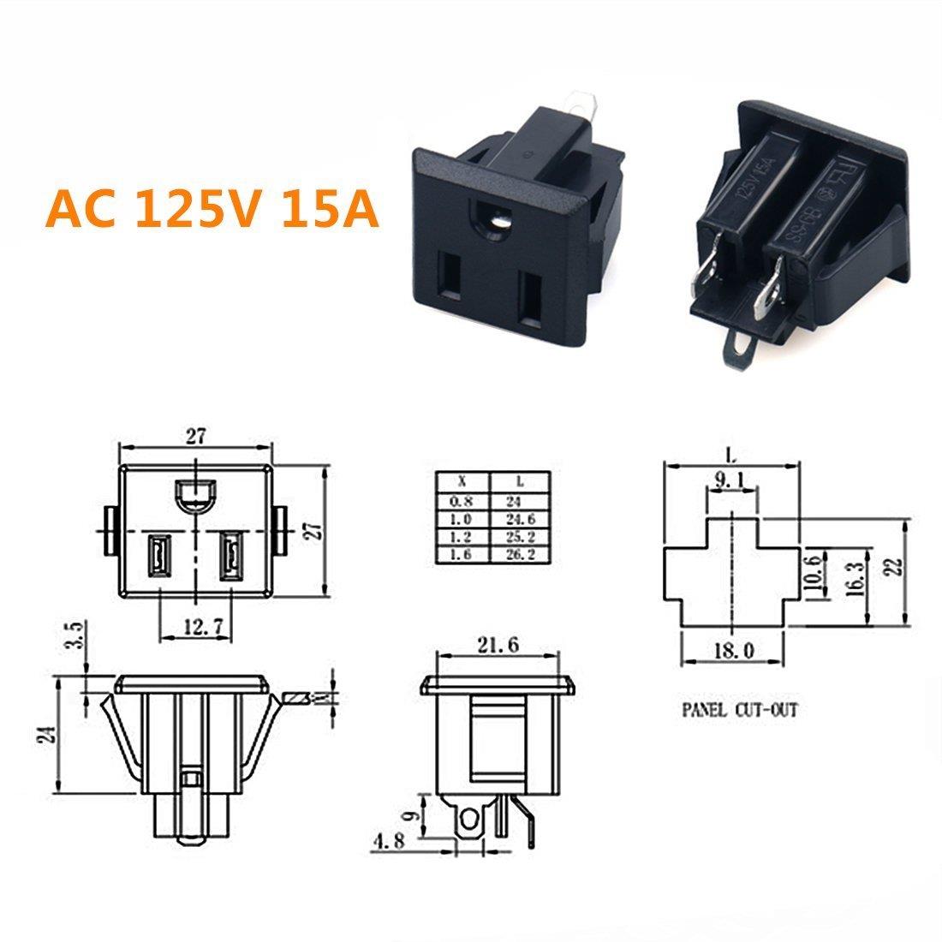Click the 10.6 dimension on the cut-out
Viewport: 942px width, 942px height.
[x=815, y=571]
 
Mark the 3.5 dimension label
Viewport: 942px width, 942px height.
[x=75, y=638]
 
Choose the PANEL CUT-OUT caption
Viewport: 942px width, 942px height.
[x=739, y=710]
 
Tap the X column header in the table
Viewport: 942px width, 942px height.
[x=462, y=482]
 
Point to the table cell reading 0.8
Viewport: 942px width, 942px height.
[x=462, y=502]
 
